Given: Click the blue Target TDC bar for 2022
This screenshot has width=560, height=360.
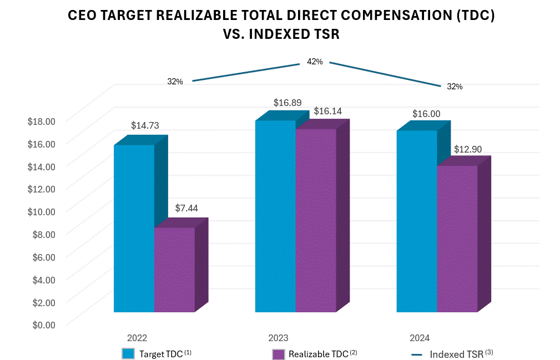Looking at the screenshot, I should (x=134, y=228).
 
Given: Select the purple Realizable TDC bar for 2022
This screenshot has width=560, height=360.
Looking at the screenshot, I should (x=174, y=270).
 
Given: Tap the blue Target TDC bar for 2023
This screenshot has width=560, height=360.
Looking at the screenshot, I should (x=275, y=216).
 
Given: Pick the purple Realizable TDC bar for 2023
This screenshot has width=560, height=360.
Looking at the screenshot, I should (x=315, y=220).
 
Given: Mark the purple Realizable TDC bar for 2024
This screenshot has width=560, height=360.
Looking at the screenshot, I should (x=457, y=239).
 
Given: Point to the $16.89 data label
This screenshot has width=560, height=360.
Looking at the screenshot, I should (x=287, y=103).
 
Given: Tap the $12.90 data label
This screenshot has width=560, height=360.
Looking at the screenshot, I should (x=468, y=150).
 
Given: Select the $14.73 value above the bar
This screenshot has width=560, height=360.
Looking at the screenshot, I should (x=145, y=125).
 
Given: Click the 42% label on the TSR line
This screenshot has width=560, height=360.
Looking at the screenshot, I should (x=315, y=62).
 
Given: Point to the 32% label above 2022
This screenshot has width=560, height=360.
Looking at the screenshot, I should (x=175, y=82).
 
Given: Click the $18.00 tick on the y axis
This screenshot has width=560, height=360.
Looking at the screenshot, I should (x=42, y=121).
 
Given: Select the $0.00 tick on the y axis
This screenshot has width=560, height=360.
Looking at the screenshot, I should (x=42, y=324).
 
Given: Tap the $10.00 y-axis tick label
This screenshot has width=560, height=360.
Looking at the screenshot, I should (x=42, y=211).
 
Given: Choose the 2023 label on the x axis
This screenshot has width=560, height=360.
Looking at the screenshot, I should (x=278, y=338).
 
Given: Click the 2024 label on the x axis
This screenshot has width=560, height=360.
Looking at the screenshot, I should (x=420, y=338).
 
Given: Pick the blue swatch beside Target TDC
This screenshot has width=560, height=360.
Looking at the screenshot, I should (x=128, y=354).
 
